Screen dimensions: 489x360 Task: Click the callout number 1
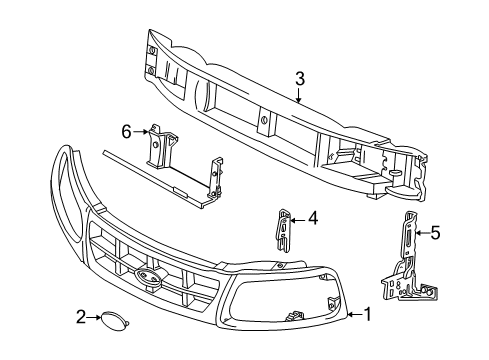[367, 314]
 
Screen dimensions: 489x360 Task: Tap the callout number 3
[300, 79]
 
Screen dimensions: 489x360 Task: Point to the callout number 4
[313, 219]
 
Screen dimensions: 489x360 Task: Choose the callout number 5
[435, 233]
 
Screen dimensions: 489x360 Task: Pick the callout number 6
[126, 132]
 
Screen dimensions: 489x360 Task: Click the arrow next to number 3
[299, 95]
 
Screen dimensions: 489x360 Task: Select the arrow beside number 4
[298, 220]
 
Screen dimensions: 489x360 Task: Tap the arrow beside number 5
[422, 233]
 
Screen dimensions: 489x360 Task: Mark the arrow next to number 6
[141, 132]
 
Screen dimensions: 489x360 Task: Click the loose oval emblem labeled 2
[114, 320]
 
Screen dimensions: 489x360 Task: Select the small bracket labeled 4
[283, 231]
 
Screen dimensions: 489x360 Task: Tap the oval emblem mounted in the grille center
[148, 277]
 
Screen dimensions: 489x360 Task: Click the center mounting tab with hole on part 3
[264, 121]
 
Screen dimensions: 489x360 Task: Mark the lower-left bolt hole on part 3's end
[151, 70]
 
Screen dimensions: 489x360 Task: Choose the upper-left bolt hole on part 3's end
[152, 50]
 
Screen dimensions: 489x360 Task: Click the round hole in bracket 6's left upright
[155, 145]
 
